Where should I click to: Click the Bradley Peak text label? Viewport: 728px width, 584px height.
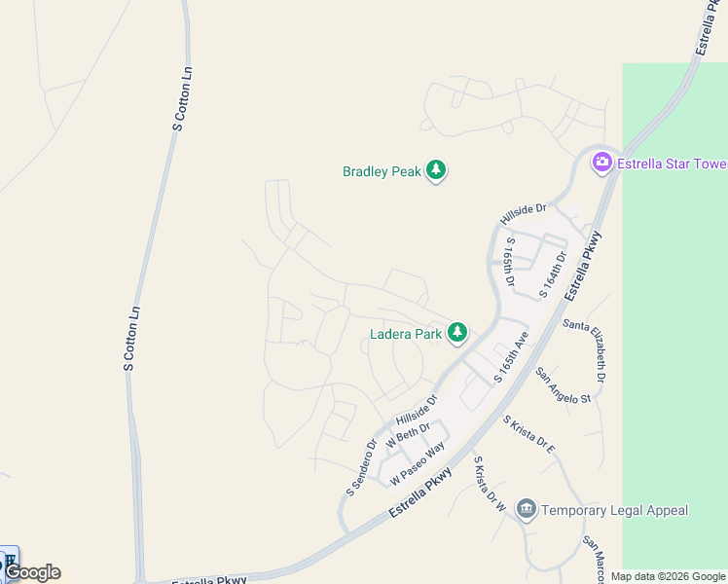(x=382, y=171)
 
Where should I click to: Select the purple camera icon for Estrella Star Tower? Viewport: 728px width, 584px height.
(x=601, y=163)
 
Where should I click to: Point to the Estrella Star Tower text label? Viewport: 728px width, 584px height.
(x=671, y=163)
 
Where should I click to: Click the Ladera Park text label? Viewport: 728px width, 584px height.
(x=406, y=334)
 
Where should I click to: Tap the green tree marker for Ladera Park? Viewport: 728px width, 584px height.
(x=457, y=334)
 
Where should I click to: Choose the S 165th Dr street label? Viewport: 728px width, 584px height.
(x=510, y=259)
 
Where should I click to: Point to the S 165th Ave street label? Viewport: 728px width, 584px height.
(x=509, y=357)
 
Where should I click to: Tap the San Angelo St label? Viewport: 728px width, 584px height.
(x=564, y=385)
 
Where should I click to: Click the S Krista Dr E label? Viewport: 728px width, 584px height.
(x=528, y=435)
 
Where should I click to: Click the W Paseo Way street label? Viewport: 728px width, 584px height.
(x=418, y=463)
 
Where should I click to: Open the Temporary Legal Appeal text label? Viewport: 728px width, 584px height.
(x=614, y=510)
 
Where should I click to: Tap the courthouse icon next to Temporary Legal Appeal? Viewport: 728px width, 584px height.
(x=527, y=509)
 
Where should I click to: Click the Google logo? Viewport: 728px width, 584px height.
(x=32, y=572)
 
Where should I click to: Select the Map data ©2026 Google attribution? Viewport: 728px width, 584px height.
(x=668, y=576)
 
